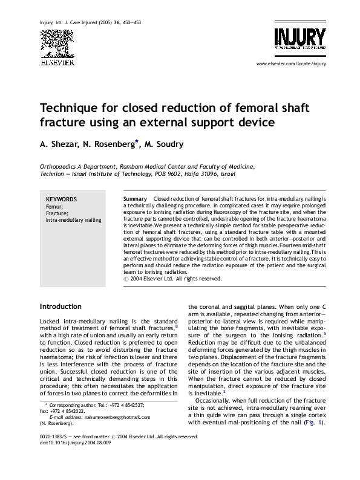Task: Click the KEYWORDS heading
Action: pyautogui.click(x=62, y=199)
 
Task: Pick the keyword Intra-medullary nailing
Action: pyautogui.click(x=74, y=221)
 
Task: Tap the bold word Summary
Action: pyautogui.click(x=134, y=199)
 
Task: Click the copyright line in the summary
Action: pyautogui.click(x=172, y=279)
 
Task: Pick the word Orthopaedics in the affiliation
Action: pyautogui.click(x=59, y=165)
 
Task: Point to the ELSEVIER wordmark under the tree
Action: pyautogui.click(x=56, y=62)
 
